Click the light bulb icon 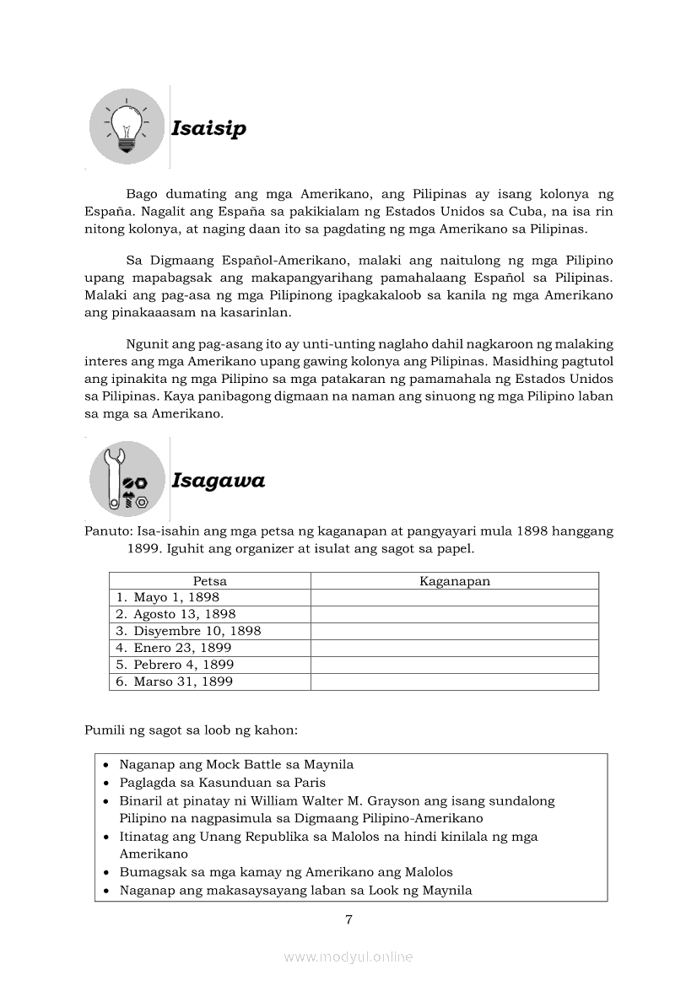click(127, 127)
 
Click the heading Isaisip click(208, 128)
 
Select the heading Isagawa click(218, 481)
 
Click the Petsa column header click(209, 581)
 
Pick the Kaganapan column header click(455, 581)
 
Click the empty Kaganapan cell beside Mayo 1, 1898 click(455, 598)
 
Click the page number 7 click(348, 919)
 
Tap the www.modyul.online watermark click(348, 956)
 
